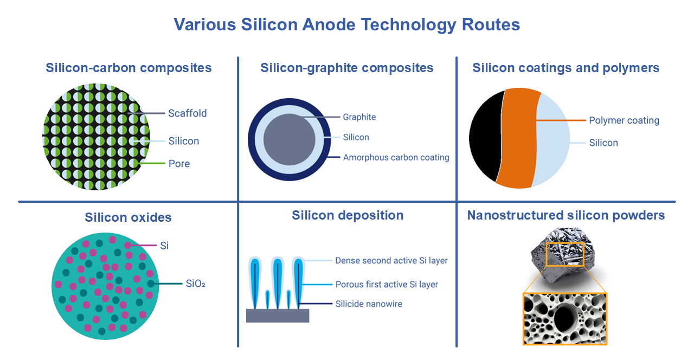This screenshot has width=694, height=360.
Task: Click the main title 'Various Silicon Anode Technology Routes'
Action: point(346,24)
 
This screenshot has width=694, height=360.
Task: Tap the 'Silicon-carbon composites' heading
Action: point(128,68)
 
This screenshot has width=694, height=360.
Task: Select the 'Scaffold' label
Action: point(188,113)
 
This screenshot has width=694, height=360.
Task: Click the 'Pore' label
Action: point(179,164)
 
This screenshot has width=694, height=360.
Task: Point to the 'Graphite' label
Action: point(359,117)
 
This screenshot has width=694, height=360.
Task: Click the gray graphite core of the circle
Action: point(290,139)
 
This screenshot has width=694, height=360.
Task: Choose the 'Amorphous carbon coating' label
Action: point(396,157)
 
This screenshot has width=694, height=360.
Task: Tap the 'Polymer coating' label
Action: point(624,120)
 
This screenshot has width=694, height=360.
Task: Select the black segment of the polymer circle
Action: point(485,136)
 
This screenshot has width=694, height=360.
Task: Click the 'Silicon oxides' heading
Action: point(128,217)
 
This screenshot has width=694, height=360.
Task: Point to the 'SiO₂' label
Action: point(196,284)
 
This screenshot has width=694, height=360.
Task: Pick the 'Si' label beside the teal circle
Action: point(164,246)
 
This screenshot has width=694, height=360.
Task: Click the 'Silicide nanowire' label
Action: point(369,304)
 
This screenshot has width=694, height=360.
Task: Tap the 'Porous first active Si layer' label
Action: point(387,285)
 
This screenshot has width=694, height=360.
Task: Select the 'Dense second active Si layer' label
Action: point(391,261)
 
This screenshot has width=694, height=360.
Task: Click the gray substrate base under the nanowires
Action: point(278,316)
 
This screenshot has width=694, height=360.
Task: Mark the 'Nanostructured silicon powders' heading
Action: point(566,215)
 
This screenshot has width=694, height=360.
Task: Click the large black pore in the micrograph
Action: point(565,319)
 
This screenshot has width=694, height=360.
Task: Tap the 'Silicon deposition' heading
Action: point(348,215)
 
